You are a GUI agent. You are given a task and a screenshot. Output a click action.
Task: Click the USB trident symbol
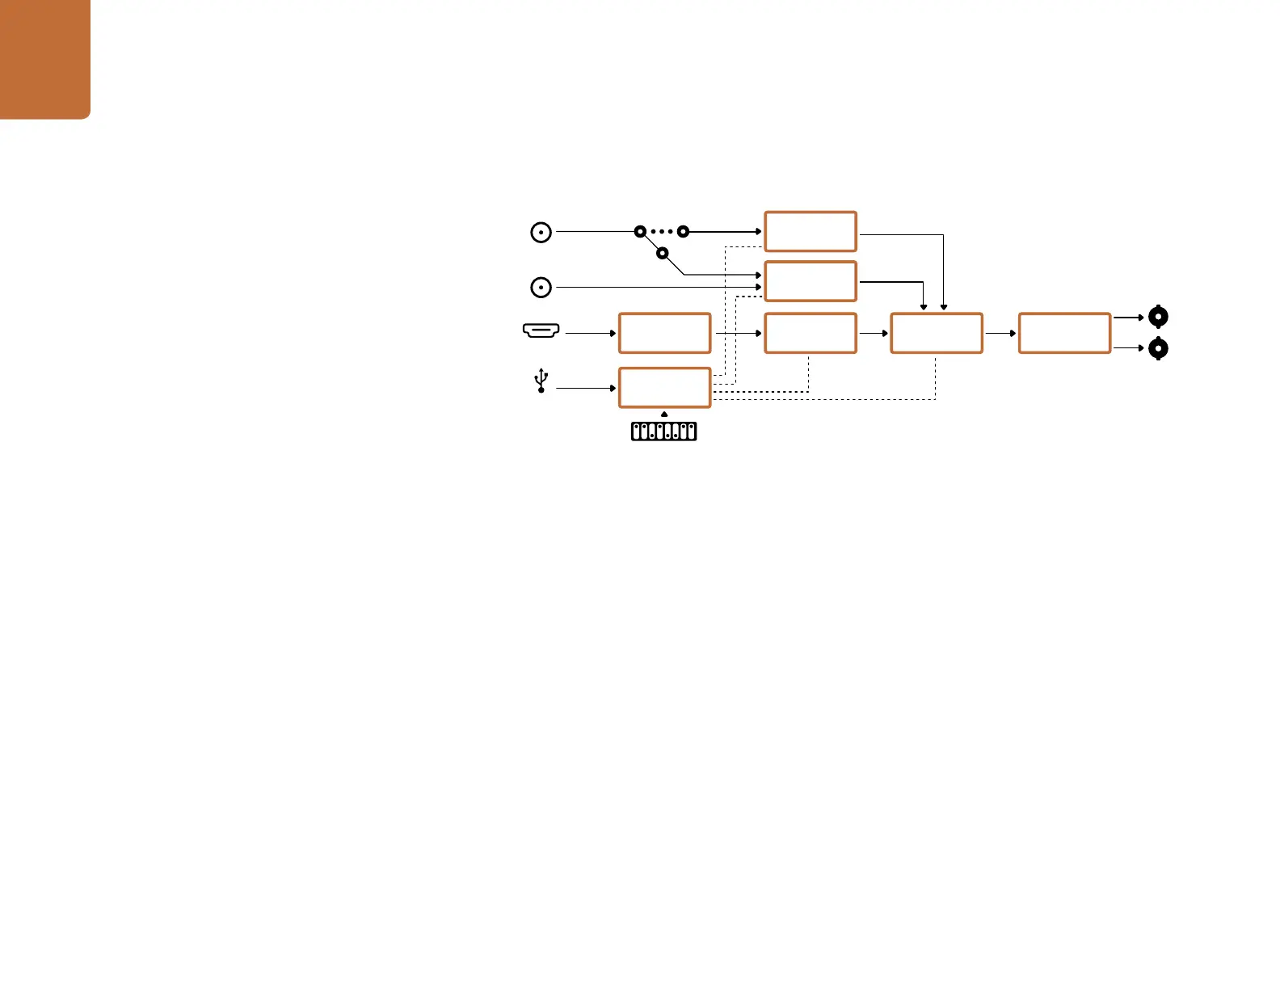click(541, 381)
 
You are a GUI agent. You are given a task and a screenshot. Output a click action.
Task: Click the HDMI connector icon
click(541, 330)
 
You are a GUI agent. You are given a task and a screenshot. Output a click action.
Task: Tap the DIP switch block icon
click(663, 431)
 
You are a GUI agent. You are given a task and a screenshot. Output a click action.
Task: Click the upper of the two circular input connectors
click(541, 233)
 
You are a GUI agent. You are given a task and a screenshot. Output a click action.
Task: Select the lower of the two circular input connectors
click(541, 287)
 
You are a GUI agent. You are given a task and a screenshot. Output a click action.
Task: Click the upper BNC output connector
click(1158, 317)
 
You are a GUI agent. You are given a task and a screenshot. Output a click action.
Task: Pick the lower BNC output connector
click(1158, 348)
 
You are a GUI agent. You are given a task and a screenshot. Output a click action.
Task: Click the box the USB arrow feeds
click(664, 388)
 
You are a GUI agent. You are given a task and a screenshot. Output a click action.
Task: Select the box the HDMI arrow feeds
click(664, 333)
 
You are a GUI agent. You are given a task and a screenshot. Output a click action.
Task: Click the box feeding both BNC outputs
click(1064, 333)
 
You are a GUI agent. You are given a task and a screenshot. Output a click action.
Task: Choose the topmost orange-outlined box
click(811, 232)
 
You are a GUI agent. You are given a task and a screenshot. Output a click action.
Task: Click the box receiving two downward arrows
click(937, 333)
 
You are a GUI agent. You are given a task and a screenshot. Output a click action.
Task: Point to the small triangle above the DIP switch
click(664, 415)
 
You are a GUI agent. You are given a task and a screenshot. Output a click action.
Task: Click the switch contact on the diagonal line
click(663, 254)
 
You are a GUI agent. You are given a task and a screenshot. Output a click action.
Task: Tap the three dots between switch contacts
click(662, 232)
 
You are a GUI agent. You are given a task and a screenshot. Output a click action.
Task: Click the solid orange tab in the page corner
click(44, 59)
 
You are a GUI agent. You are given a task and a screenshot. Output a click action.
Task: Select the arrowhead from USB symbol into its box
click(613, 388)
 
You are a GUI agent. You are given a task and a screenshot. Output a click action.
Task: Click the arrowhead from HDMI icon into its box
click(613, 333)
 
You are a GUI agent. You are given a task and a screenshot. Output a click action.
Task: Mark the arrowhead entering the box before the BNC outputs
click(1013, 333)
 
